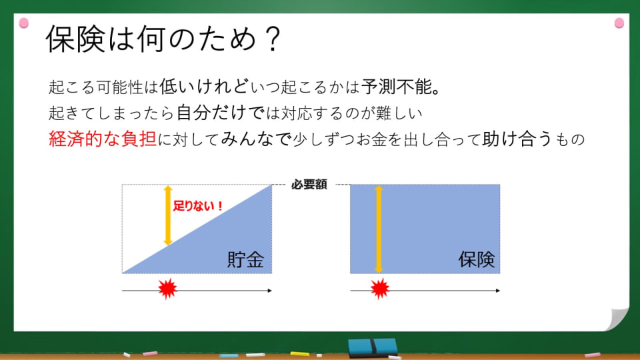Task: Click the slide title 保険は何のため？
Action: (163, 39)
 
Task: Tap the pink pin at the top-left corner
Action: (24, 23)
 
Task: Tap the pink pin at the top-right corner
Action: (619, 23)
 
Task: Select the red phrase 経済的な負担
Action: (103, 139)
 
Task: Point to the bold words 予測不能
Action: (396, 87)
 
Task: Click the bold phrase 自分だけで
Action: (221, 113)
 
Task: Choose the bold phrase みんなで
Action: (256, 139)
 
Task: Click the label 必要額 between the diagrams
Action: (309, 185)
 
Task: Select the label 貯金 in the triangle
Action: (246, 259)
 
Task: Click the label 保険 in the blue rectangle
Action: (476, 259)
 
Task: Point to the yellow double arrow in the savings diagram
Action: (168, 215)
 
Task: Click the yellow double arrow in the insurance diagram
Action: (379, 229)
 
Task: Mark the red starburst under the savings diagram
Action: (167, 289)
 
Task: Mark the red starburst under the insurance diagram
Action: (380, 289)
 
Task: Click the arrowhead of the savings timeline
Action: (269, 291)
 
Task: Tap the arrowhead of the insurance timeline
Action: (497, 291)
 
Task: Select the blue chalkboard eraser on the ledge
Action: (373, 348)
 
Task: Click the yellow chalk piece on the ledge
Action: (299, 353)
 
